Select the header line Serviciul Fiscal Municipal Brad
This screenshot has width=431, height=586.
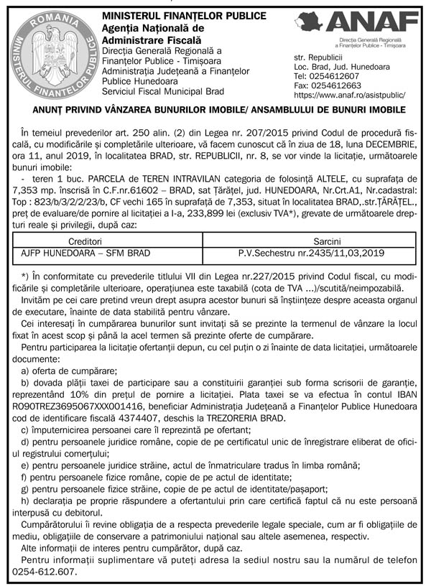163,91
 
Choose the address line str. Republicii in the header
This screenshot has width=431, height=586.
318,56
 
